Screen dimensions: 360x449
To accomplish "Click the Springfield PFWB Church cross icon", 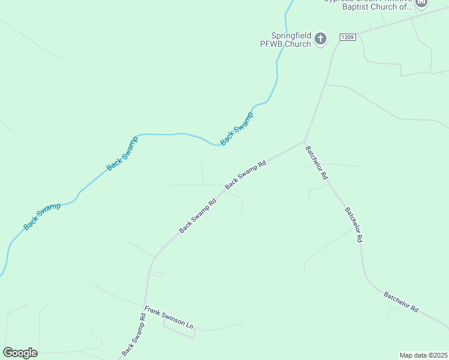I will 321,40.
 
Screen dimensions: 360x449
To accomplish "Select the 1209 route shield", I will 348,37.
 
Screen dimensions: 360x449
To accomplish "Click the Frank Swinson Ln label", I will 169,318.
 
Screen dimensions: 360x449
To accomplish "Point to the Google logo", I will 20,353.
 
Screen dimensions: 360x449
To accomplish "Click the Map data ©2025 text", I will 424,355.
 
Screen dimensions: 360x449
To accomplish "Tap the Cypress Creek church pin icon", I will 421,4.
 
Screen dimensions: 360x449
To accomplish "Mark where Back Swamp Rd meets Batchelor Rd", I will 304,142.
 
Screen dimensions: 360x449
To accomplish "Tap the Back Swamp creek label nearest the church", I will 237,128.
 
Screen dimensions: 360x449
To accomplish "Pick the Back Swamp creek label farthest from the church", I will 42,217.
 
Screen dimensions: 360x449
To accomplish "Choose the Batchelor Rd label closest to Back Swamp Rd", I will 316,163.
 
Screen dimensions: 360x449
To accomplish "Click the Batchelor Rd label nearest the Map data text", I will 401,301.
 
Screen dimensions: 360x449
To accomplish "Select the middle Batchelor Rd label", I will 354,224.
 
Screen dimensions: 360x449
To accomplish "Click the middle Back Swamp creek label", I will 122,154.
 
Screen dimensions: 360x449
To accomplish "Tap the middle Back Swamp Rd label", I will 197,217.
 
